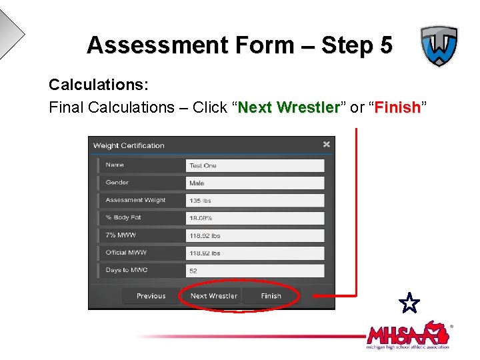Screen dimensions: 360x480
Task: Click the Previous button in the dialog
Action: [x=151, y=296]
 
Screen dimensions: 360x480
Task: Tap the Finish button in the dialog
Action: [x=271, y=296]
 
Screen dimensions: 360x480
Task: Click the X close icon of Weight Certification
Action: [x=326, y=144]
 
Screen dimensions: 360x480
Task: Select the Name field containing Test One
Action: [x=255, y=165]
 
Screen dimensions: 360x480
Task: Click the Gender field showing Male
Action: [x=255, y=183]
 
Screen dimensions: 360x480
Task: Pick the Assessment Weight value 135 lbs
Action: [x=255, y=201]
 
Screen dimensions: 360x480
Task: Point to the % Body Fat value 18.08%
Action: [x=255, y=218]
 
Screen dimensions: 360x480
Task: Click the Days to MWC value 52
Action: [x=255, y=271]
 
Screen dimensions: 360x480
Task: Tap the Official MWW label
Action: [x=126, y=253]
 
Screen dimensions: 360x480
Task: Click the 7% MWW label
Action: [x=120, y=235]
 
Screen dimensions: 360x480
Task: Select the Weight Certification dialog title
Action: [x=129, y=145]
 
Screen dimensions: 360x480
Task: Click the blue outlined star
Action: [x=410, y=303]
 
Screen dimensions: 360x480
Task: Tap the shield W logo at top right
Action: [x=438, y=47]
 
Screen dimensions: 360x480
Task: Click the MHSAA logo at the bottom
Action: [x=407, y=335]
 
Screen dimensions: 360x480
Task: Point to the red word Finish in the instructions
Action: [x=397, y=107]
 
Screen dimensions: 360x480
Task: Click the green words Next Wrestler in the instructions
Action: [x=289, y=107]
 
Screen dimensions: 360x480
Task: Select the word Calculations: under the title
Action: [x=98, y=85]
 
